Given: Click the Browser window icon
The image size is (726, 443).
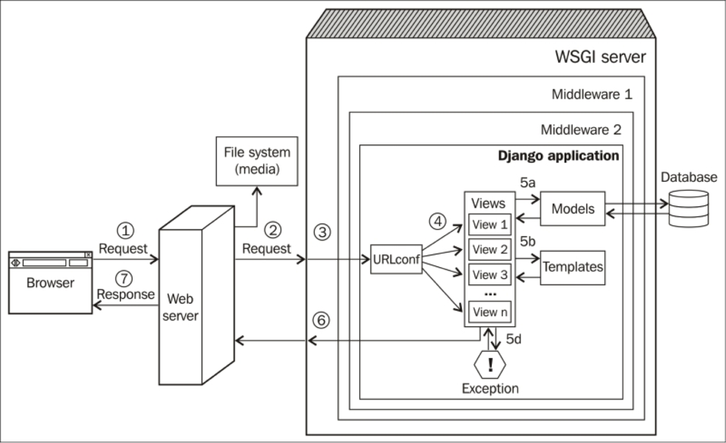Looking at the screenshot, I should pos(51,282).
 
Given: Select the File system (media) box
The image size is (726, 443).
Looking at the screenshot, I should pos(257,161).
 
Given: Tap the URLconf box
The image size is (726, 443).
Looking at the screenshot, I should pos(396,259).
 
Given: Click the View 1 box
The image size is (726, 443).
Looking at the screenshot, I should pos(490,224).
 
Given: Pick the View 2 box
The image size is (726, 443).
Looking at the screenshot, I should pos(490,249).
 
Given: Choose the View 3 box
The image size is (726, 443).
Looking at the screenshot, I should pos(490,274).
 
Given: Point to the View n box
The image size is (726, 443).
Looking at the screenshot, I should pos(490,312).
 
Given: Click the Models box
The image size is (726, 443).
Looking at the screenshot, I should pos(573,209).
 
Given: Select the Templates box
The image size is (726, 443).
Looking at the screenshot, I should pos(573,267).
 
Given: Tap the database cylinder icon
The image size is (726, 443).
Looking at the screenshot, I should pos(689,208).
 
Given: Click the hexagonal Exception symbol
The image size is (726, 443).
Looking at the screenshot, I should pos(490,365).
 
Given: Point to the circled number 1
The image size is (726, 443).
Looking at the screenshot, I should pos(125,231).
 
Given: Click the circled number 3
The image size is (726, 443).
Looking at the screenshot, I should pos(322,232).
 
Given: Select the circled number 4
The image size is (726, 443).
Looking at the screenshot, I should pos(438,221).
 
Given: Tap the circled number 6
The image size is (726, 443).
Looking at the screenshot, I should pos(321,321).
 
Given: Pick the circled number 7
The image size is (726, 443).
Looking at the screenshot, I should pos(124,279).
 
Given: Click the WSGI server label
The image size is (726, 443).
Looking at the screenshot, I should pos(600,57).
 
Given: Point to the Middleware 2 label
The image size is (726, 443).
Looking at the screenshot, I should pos(581,130).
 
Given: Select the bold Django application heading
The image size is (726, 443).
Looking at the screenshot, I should pos(558,156).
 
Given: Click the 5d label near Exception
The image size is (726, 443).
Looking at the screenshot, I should pos(514,339).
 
